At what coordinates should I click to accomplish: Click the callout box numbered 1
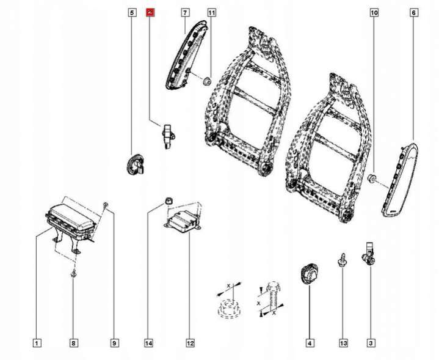click(37, 343)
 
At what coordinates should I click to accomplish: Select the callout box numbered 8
click(73, 343)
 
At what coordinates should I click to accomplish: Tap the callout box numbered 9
click(114, 343)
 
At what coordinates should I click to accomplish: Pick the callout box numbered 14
click(148, 343)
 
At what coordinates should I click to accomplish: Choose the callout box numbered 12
click(190, 343)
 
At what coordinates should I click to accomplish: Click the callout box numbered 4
click(310, 343)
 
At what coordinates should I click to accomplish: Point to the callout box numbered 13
click(343, 343)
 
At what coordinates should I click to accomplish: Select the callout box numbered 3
click(371, 343)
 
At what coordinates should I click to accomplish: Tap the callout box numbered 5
click(132, 12)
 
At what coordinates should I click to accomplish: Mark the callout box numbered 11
click(211, 12)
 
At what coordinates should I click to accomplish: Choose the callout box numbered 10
click(374, 12)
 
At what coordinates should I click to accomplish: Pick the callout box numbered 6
click(414, 12)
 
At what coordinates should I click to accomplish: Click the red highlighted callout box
click(151, 12)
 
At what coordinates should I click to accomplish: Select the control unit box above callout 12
click(184, 220)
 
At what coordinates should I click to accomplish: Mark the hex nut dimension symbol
click(227, 303)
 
